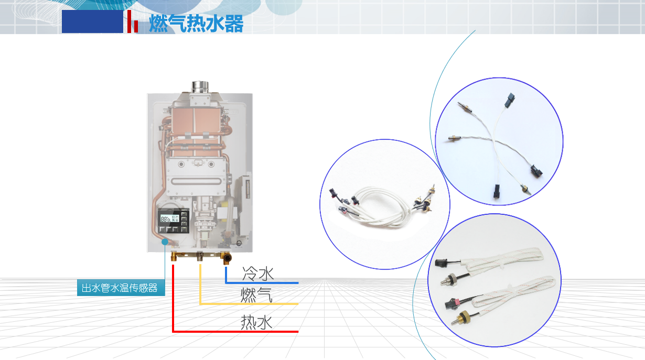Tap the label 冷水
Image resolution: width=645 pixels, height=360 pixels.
click(257, 274)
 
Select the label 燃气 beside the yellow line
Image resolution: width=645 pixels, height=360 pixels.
click(256, 296)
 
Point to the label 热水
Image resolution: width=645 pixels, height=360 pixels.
click(256, 322)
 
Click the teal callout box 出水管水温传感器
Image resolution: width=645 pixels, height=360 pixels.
click(120, 288)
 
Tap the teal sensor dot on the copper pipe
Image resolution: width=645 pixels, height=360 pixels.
click(165, 242)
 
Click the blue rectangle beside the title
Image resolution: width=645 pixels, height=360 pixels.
click(92, 21)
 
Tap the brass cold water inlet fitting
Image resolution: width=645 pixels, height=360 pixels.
click(227, 258)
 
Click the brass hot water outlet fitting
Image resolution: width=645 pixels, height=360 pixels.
click(175, 257)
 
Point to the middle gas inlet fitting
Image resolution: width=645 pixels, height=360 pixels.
click(200, 256)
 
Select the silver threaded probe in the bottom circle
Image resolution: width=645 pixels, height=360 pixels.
click(450, 278)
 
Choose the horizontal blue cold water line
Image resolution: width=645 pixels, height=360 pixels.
click(262, 283)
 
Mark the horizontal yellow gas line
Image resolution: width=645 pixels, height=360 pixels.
click(249, 304)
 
